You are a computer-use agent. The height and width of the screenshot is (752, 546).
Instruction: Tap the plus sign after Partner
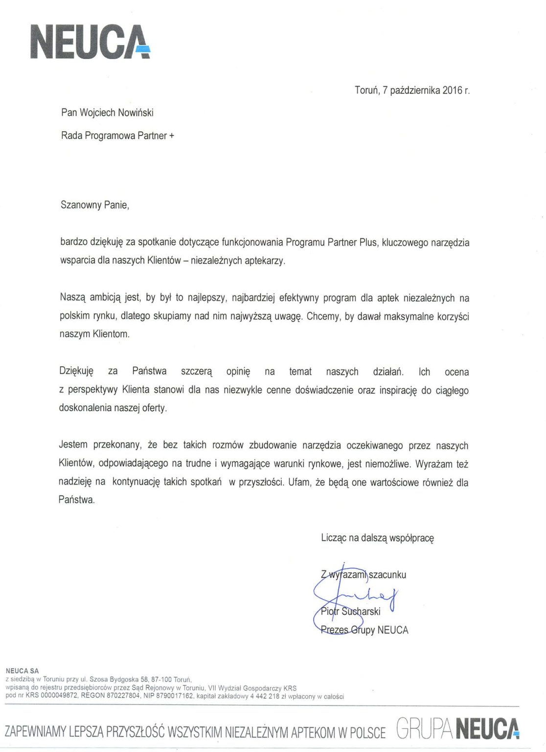(172, 136)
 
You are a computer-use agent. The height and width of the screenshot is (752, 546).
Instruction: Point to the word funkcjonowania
(252, 242)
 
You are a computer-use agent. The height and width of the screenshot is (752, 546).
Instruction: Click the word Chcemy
(322, 316)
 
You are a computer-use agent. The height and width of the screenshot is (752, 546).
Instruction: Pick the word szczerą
(197, 372)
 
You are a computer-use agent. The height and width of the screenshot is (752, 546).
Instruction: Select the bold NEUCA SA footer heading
(22, 671)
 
